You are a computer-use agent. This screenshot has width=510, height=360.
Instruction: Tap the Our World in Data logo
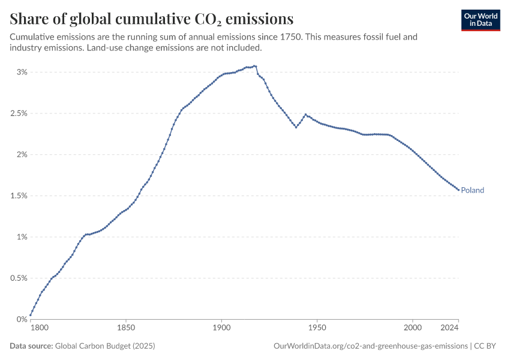480,19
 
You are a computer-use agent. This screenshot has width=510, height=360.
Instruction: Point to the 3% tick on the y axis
22,72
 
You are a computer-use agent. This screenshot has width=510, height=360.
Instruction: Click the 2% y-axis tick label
22,155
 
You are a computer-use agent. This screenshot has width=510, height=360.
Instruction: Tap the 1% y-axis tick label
22,237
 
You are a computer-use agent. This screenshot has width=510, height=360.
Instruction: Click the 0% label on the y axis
22,319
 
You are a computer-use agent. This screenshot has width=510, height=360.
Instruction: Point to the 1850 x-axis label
126,328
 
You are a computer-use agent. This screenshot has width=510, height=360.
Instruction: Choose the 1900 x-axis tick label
221,328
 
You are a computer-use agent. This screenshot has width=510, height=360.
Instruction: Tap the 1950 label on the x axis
317,328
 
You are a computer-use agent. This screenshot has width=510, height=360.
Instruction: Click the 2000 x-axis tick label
412,328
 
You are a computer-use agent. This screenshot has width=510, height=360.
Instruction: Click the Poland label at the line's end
472,190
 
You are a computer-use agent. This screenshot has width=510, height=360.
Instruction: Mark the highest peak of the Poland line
255,66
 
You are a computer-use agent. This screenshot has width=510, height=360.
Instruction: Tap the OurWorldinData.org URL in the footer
370,346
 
